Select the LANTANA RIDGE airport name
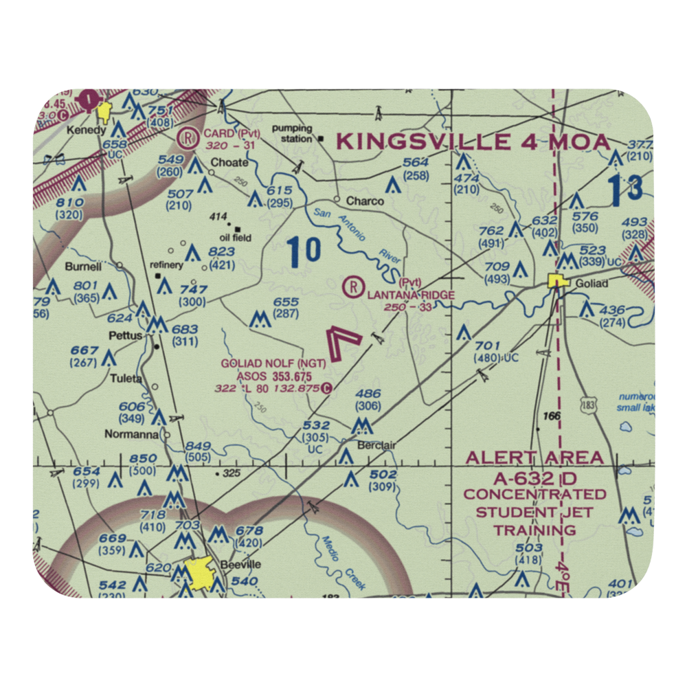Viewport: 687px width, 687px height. click(x=411, y=295)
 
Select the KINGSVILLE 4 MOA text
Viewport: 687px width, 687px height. click(x=473, y=142)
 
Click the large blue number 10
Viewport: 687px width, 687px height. click(x=304, y=251)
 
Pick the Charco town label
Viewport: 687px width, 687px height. click(x=365, y=201)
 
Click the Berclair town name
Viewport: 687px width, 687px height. click(x=376, y=445)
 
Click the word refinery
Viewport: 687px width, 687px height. click(x=166, y=265)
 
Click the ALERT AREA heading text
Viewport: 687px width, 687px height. click(x=534, y=458)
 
